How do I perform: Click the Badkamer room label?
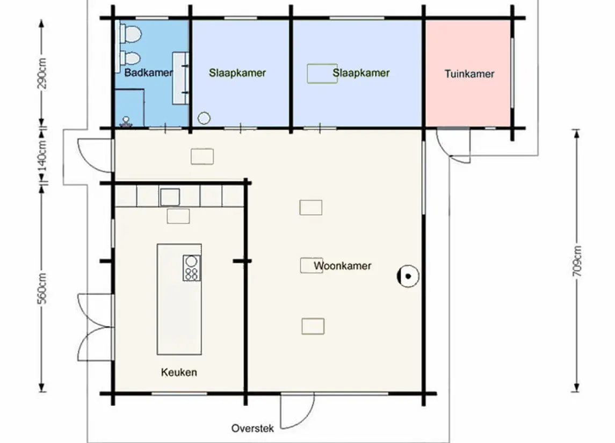[148, 72]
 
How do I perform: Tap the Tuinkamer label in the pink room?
[469, 74]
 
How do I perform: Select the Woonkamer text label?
[342, 266]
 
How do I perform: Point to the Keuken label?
[179, 372]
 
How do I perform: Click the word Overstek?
[252, 428]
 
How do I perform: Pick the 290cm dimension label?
[42, 74]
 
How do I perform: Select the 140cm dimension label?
[42, 155]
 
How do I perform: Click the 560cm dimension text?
[42, 288]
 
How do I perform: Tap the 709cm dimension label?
[576, 261]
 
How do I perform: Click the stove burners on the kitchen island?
[191, 268]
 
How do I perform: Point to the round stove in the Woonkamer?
[408, 276]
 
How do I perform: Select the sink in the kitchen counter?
[170, 197]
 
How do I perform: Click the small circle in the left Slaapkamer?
[204, 118]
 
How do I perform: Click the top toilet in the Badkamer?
[130, 34]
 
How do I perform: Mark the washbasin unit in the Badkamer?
[180, 78]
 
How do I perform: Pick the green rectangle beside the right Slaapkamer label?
[322, 74]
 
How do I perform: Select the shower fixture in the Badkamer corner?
[126, 121]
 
